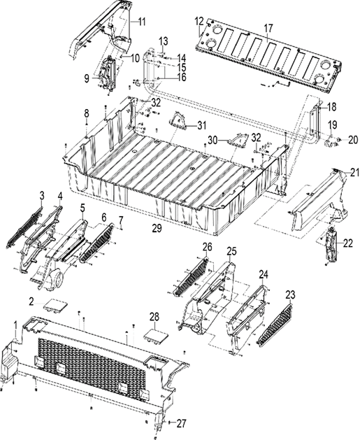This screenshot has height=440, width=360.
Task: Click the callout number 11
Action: point(142,22)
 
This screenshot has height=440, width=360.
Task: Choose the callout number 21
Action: point(354,172)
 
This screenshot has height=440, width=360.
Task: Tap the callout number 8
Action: point(86,113)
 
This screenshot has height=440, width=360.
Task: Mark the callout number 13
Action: point(163,39)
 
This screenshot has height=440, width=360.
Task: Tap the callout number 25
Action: point(231,250)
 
